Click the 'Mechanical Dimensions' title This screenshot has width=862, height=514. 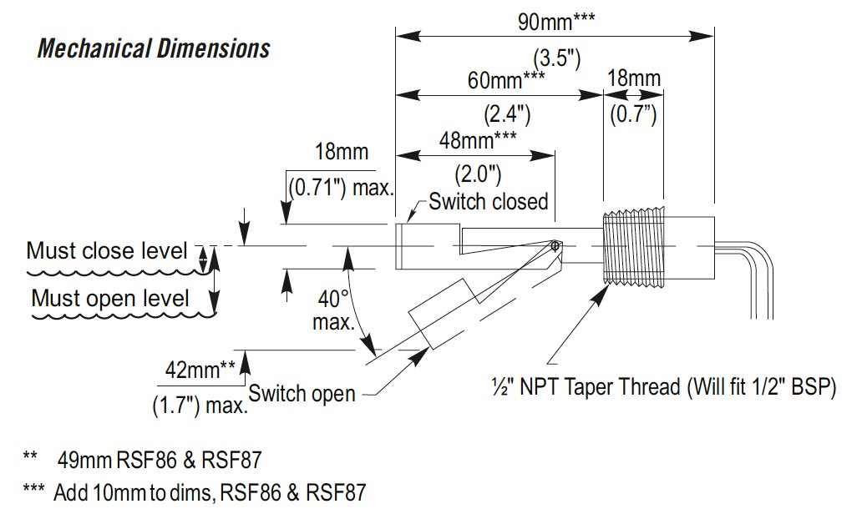coord(154,48)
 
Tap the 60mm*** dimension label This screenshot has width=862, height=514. coord(505,80)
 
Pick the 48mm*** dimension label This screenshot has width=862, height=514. coord(478,140)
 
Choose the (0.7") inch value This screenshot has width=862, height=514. coord(632,112)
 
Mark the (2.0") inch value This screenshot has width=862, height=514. coord(477,174)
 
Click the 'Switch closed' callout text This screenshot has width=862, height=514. coord(489,201)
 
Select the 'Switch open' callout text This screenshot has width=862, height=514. coord(302,393)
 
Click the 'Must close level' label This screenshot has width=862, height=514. coord(107,250)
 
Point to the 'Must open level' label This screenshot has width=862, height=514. coord(110,298)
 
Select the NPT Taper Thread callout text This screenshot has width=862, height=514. coord(662,389)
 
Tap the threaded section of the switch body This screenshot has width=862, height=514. coord(632,247)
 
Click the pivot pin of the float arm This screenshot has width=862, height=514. coord(555,245)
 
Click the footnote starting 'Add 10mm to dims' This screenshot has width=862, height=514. coord(209,491)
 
